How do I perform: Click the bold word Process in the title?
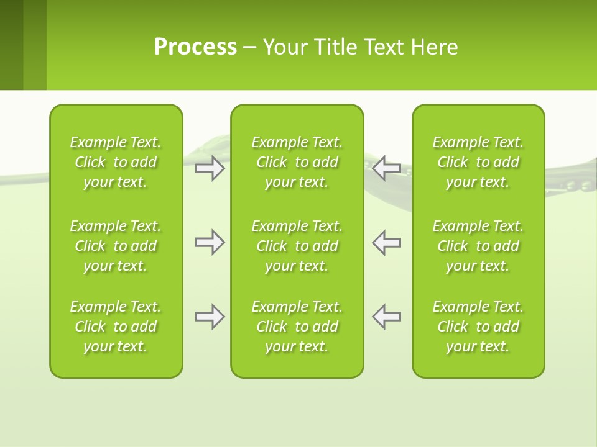[195, 47]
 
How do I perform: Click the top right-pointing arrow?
[210, 168]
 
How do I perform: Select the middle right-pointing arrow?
[210, 242]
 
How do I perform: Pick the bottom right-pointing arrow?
[210, 317]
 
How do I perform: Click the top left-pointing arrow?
[387, 168]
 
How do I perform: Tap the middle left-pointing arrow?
[387, 242]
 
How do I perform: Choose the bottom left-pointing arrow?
[387, 317]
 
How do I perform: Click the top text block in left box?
[116, 162]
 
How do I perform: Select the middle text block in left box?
[116, 246]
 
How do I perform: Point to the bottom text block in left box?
[116, 327]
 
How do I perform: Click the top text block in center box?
[297, 162]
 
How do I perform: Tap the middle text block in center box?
[297, 246]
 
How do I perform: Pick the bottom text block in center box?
[297, 327]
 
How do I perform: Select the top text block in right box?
[478, 162]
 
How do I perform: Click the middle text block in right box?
[478, 246]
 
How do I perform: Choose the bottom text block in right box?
[478, 327]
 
